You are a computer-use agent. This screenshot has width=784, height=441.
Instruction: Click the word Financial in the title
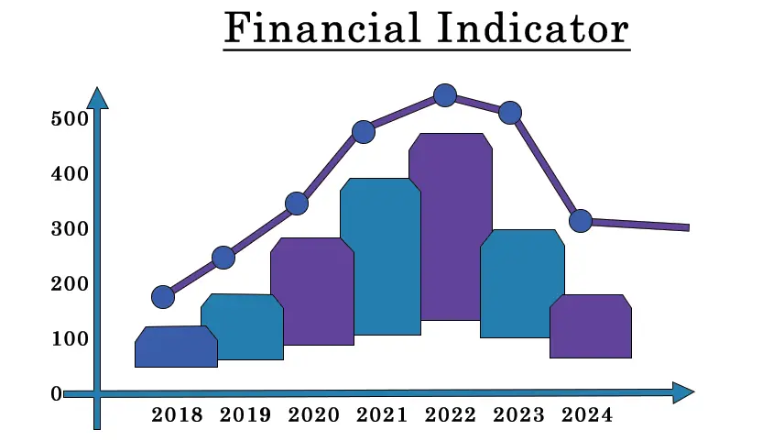(322, 28)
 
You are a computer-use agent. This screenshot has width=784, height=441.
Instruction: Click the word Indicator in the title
(533, 28)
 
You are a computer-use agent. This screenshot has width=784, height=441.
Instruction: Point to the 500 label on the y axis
(70, 119)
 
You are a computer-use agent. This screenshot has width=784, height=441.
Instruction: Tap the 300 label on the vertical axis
(70, 229)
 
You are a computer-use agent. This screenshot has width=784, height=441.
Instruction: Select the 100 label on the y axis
(70, 339)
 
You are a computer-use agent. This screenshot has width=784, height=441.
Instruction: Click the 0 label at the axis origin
(57, 394)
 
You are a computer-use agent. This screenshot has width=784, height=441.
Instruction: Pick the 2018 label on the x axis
(177, 415)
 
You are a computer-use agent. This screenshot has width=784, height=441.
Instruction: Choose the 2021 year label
(382, 415)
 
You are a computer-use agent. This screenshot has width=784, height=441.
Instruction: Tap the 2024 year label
(587, 415)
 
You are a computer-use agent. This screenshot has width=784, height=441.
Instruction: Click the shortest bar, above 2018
(176, 347)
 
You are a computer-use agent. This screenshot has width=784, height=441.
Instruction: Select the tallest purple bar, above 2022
(451, 226)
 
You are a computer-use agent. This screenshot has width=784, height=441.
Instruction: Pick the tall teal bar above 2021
(380, 257)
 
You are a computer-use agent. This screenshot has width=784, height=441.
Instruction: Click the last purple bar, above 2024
(591, 326)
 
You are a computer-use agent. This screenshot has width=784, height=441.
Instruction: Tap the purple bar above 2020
(312, 292)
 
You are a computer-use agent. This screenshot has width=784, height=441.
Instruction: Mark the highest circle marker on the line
(445, 95)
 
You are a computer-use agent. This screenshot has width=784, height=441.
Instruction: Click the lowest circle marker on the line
(163, 297)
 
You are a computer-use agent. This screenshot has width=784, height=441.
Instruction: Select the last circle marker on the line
(581, 221)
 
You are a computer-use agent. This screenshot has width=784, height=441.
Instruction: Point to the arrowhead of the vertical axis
(97, 98)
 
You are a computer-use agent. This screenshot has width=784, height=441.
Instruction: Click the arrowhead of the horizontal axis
(683, 392)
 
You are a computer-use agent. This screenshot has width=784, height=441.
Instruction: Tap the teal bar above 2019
(242, 327)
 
